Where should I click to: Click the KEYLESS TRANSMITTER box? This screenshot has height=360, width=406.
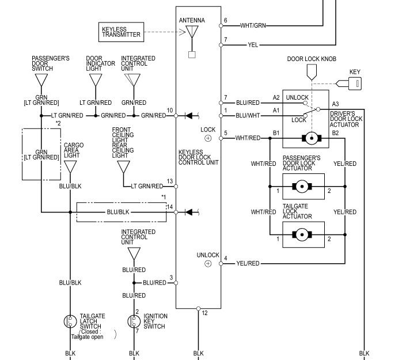[x=121, y=32]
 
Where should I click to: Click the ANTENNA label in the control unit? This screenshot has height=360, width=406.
[x=192, y=21]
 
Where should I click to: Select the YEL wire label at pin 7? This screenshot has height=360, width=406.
[x=253, y=44]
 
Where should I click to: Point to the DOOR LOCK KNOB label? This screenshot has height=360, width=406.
[x=312, y=59]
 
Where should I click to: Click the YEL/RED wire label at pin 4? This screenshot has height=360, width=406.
[x=248, y=264]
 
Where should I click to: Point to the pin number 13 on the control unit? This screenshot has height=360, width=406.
[x=170, y=181]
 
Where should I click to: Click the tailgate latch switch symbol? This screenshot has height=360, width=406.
[x=70, y=321]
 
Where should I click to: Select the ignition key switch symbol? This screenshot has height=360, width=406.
[x=134, y=321]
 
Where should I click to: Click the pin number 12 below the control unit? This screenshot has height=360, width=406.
[x=204, y=313]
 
